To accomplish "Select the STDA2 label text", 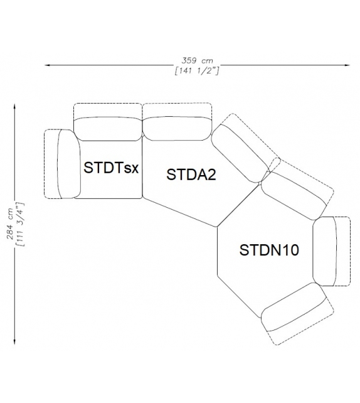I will pos(191,175).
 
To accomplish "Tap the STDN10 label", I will pos(269,250).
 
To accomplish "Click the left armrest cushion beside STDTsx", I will pos(66,164).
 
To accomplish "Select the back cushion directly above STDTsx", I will pos(109,128).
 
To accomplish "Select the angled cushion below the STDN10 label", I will pos(293,312).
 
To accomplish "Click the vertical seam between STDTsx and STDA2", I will pos(143,166).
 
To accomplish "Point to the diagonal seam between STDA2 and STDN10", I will pos(239,205).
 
